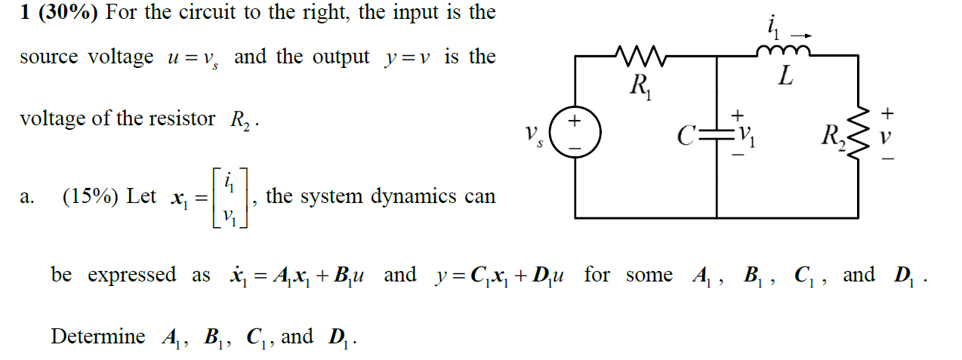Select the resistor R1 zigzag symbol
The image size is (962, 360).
pyautogui.click(x=639, y=55)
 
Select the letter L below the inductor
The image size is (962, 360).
pyautogui.click(x=786, y=78)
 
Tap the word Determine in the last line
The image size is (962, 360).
pyautogui.click(x=97, y=336)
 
